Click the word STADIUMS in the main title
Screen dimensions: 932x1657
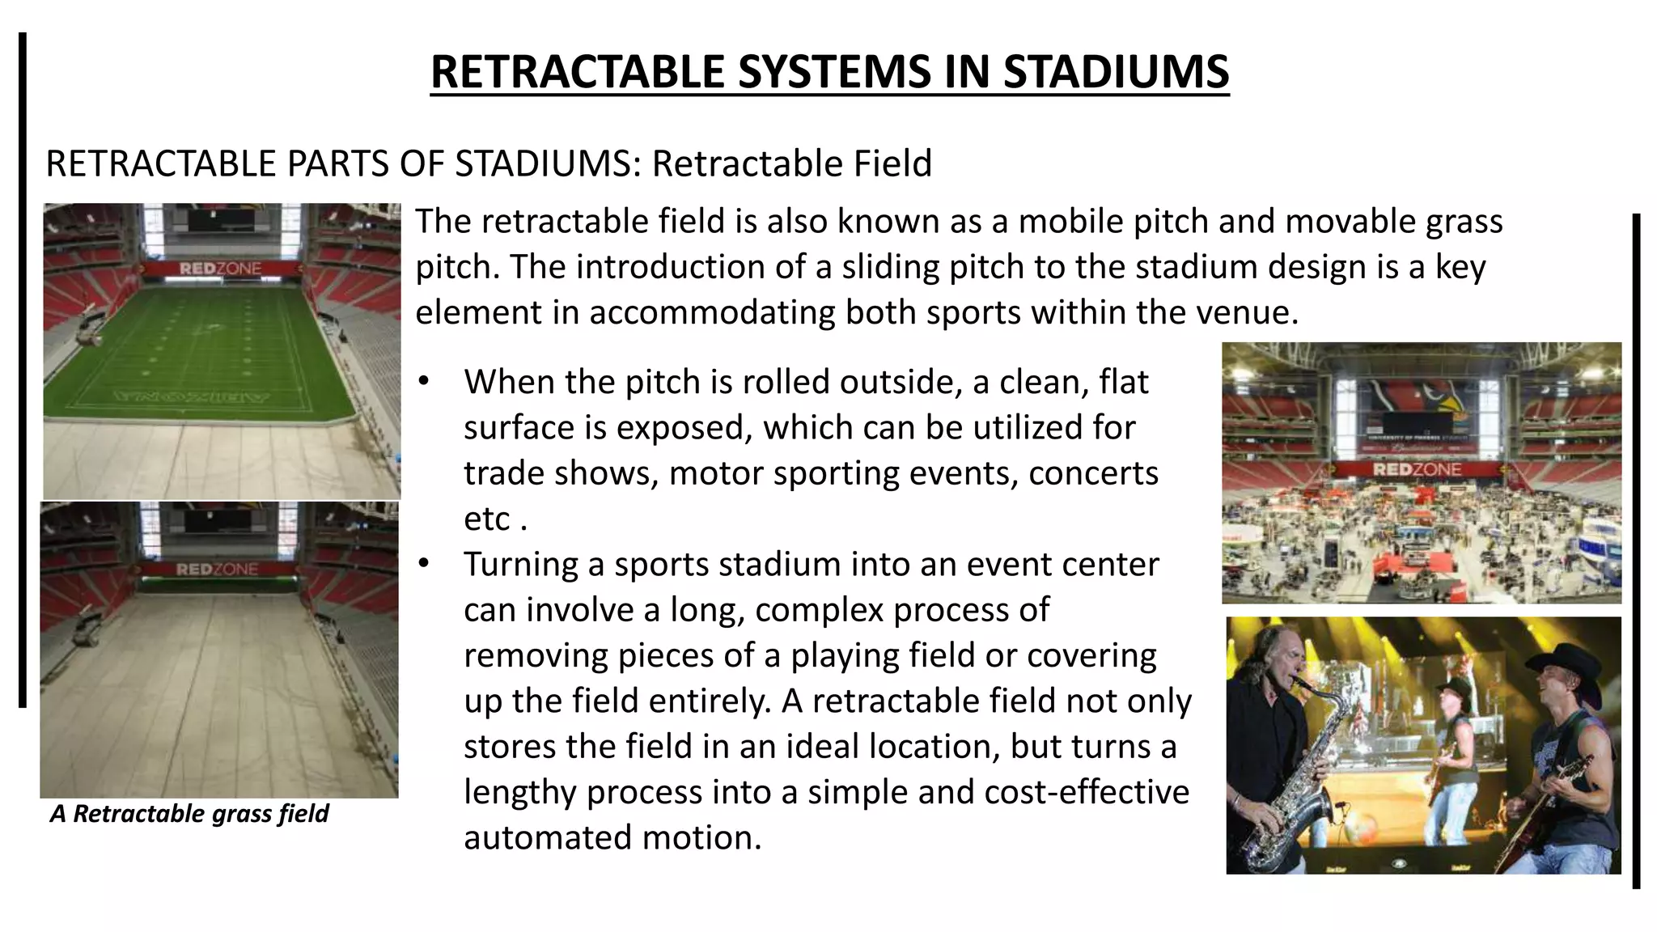(x=1116, y=71)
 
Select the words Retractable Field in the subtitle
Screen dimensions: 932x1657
(x=792, y=163)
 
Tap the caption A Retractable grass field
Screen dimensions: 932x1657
(x=189, y=813)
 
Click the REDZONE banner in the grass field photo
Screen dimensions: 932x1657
(x=220, y=269)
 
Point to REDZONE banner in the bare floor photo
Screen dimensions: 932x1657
(x=217, y=570)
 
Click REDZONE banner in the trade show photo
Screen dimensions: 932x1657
(x=1416, y=469)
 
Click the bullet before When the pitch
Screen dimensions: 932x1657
(x=423, y=382)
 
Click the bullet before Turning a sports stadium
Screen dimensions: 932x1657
(x=423, y=564)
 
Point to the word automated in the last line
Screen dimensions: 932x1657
(x=548, y=837)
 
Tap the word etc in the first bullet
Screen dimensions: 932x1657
(x=487, y=519)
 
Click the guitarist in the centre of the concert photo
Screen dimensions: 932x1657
(x=1452, y=744)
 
